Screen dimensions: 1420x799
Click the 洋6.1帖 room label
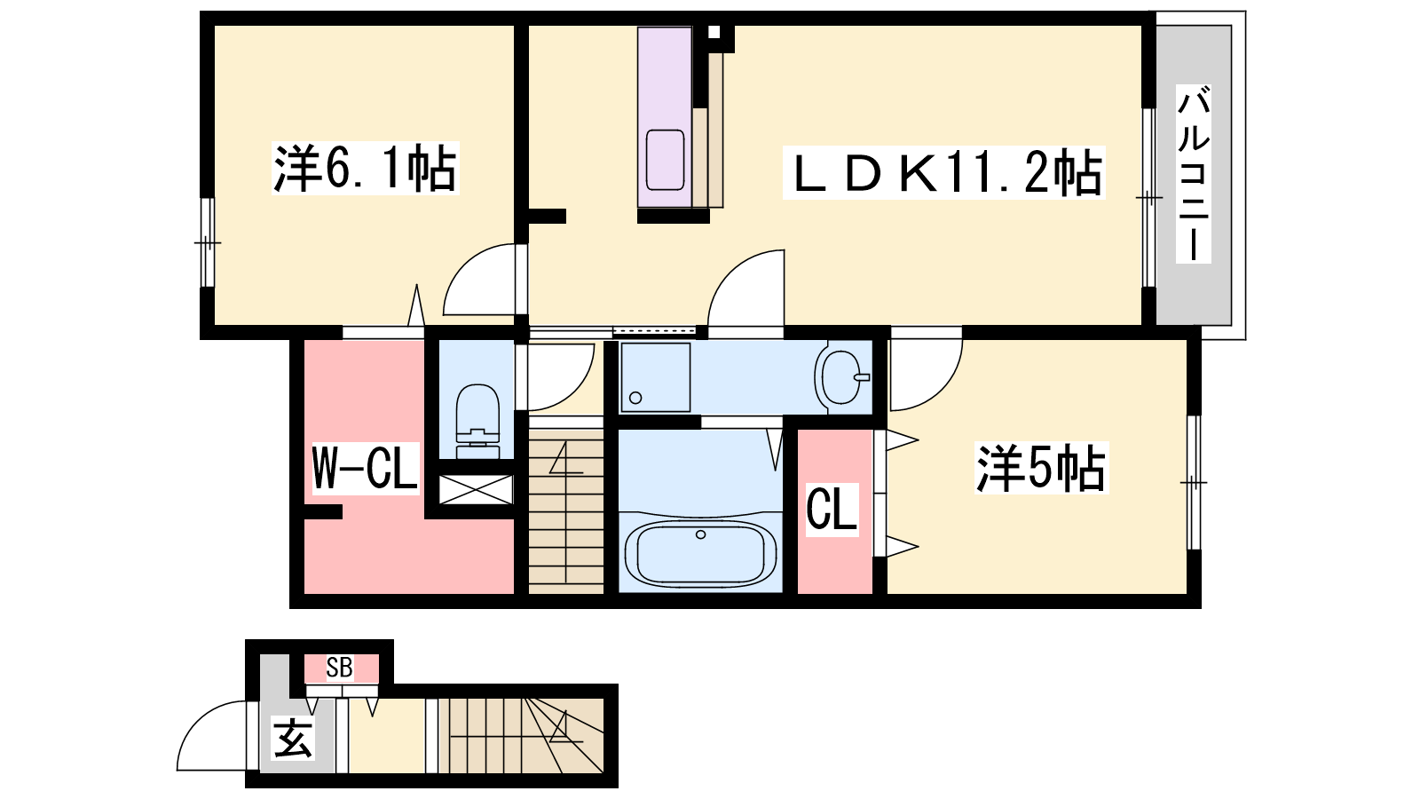pos(365,169)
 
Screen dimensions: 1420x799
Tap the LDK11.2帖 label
pos(944,172)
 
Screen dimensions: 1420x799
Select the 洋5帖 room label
pos(1042,468)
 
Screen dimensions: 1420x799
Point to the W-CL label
pos(365,468)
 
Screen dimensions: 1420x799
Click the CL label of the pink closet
pos(832,510)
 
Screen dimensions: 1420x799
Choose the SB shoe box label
pos(340,667)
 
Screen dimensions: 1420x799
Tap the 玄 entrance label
pos(292,739)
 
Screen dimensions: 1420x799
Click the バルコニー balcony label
pos(1193,174)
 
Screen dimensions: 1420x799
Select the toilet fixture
pos(477,421)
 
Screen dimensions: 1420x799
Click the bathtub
pos(700,553)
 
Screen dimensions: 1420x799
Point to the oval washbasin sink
pos(842,377)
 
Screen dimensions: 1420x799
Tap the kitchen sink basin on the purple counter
pos(665,160)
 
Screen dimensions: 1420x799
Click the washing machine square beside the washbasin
pos(656,377)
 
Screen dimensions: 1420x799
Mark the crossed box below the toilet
pos(476,489)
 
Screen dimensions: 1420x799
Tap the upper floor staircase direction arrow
pos(565,457)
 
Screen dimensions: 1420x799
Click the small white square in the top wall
pos(714,32)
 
